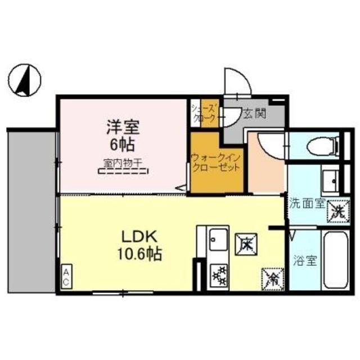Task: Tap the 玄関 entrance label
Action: tap(251, 114)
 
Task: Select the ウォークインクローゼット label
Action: tap(217, 163)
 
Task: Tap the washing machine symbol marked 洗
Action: tap(337, 211)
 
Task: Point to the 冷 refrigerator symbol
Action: tap(271, 276)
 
